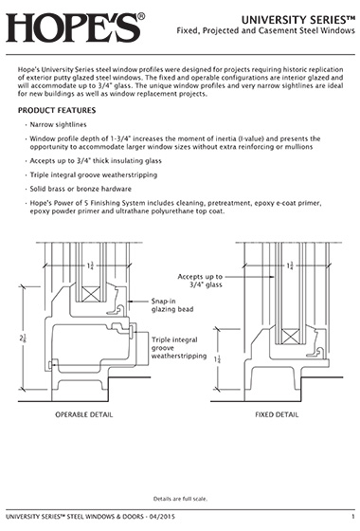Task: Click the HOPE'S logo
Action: point(76,27)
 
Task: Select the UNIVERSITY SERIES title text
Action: point(298,20)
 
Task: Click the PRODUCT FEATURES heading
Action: point(57,110)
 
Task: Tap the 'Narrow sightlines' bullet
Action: point(58,124)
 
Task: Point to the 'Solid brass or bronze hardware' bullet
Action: point(81,189)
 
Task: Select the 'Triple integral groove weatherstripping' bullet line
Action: point(94,174)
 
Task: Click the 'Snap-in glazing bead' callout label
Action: point(172,305)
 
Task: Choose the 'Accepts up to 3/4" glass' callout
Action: point(200,281)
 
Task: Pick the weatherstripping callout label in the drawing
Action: point(179,348)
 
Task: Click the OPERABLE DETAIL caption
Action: point(84,414)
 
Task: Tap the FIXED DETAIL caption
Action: point(277,414)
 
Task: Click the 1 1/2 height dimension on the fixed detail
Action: point(217,359)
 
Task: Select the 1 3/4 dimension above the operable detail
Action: point(90,265)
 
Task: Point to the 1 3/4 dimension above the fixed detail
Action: point(290,265)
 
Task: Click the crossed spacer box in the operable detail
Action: point(91,294)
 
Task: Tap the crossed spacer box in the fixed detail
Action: point(291,337)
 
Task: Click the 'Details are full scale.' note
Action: point(180,499)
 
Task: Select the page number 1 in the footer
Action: point(352,517)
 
